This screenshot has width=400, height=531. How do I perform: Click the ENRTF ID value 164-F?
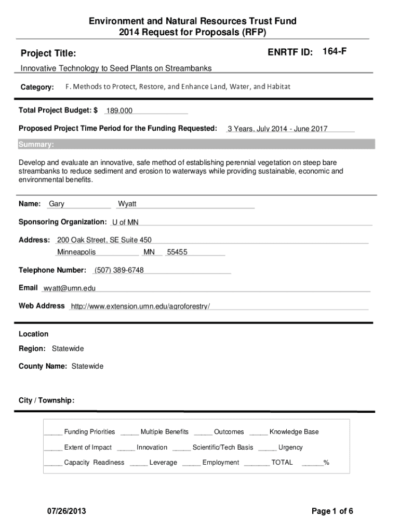[335, 51]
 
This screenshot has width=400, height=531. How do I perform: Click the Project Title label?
[48, 53]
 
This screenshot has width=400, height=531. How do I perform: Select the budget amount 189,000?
[119, 111]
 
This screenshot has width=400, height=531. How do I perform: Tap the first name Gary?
[57, 204]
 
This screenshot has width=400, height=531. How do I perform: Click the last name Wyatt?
[127, 204]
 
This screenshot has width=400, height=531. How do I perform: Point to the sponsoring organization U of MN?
[125, 222]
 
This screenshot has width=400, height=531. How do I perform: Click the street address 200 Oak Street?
[104, 240]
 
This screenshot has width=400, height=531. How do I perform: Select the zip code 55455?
[177, 253]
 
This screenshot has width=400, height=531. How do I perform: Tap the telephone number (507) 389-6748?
[119, 270]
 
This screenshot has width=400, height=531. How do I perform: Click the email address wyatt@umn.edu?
[70, 288]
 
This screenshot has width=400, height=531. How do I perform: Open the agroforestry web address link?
[140, 306]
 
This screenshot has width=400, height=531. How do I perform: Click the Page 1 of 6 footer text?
[332, 512]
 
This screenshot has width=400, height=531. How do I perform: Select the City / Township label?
[47, 401]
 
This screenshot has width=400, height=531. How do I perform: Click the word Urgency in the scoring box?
[290, 448]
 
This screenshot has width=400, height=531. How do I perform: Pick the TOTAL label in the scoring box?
[282, 463]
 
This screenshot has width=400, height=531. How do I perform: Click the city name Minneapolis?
[76, 253]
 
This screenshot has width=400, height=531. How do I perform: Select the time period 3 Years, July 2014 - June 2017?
[277, 129]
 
